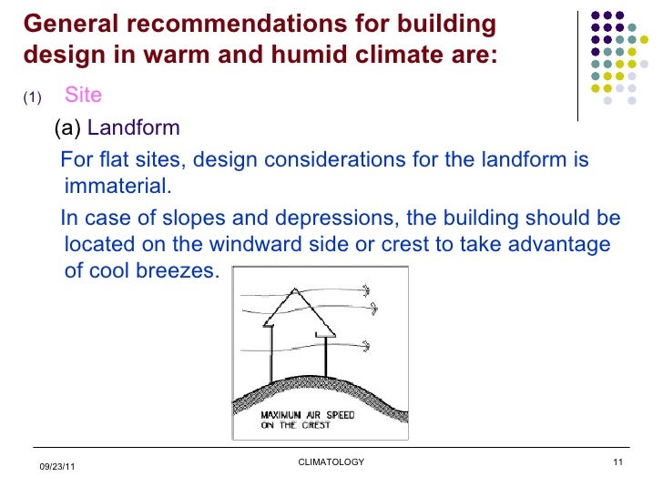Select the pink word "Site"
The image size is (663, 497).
tap(83, 96)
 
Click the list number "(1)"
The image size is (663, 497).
tap(32, 97)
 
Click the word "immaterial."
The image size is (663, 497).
tap(117, 187)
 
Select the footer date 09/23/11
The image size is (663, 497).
tap(57, 467)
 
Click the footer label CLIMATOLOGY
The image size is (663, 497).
tap(331, 462)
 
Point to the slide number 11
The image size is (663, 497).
tap(617, 462)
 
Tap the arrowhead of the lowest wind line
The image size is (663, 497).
tap(368, 345)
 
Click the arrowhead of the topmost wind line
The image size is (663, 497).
tap(368, 290)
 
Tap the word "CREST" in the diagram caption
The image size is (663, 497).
tap(311, 424)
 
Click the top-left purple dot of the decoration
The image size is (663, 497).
tap(596, 16)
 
